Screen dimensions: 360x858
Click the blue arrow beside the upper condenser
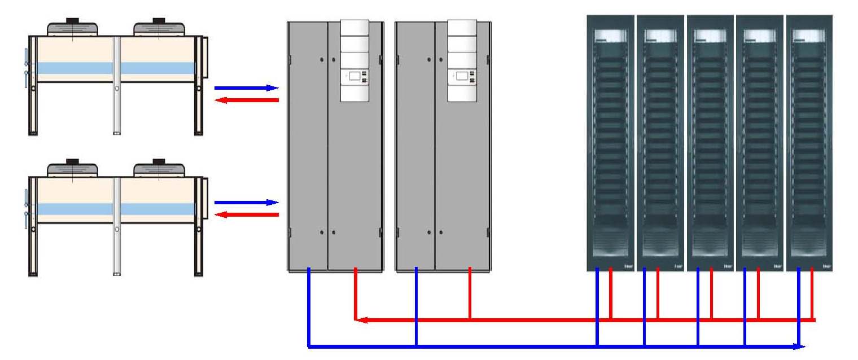pyautogui.click(x=246, y=88)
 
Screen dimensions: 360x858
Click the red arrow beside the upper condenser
pyautogui.click(x=248, y=100)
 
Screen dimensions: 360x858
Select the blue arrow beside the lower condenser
pyautogui.click(x=246, y=203)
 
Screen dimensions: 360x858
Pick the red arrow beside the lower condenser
pyautogui.click(x=248, y=214)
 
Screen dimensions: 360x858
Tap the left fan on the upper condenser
pyautogui.click(x=72, y=28)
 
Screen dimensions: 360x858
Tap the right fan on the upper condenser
pyautogui.click(x=159, y=28)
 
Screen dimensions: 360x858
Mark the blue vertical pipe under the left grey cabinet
pyautogui.click(x=309, y=305)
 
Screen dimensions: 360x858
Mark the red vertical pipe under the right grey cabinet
pyautogui.click(x=470, y=293)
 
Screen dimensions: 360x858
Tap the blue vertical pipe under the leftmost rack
pyautogui.click(x=597, y=305)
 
